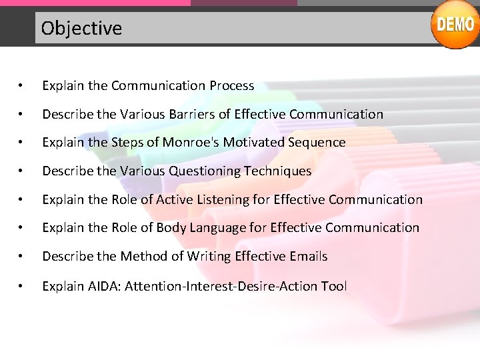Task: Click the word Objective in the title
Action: (81, 28)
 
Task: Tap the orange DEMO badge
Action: (455, 25)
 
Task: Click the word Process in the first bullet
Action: (231, 85)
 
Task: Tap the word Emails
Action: (309, 256)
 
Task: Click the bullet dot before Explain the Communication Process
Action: (22, 86)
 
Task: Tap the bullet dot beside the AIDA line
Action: (22, 287)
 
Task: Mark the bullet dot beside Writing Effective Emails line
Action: (22, 257)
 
